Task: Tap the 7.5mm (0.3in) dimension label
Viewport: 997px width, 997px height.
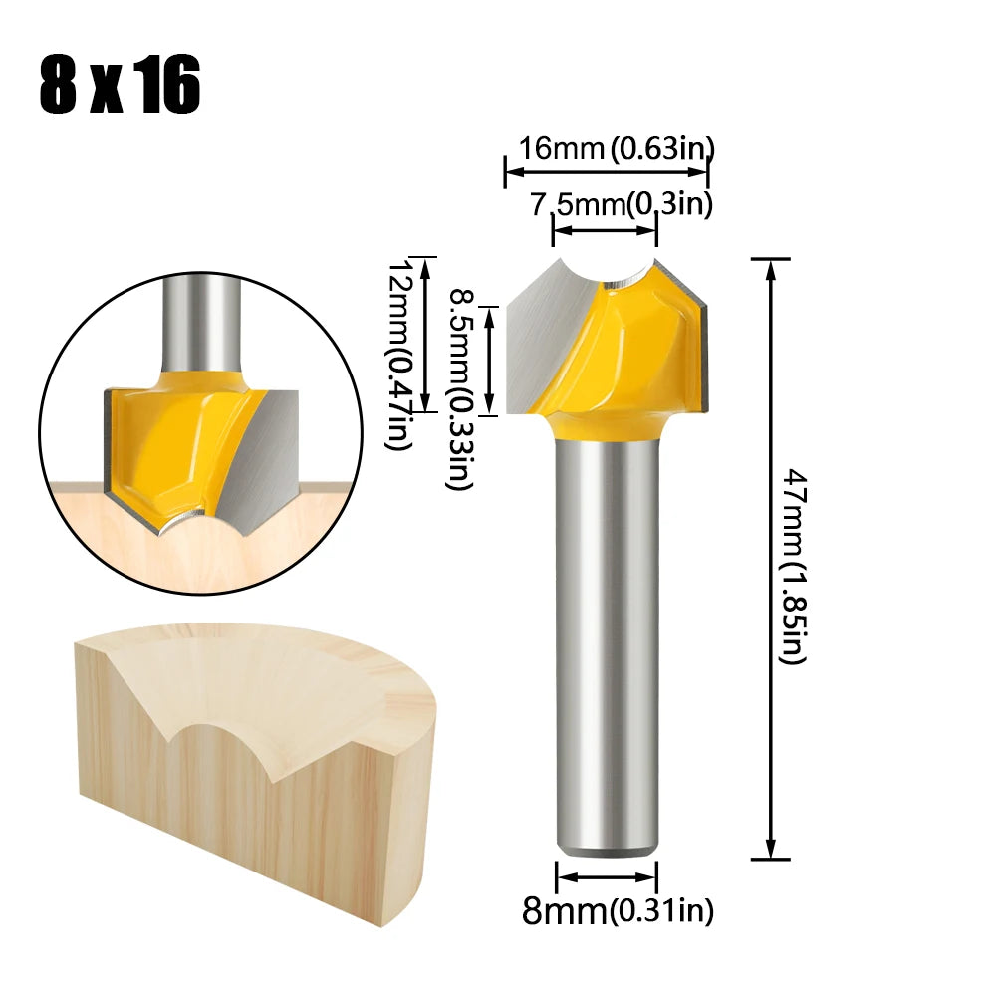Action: click(622, 204)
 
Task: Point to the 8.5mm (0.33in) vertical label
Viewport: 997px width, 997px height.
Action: click(459, 388)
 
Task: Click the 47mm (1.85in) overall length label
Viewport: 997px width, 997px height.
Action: click(792, 568)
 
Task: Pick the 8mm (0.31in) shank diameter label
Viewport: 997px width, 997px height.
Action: click(618, 911)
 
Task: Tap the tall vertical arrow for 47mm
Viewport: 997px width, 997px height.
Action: click(769, 558)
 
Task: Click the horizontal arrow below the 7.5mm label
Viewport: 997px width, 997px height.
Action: click(606, 230)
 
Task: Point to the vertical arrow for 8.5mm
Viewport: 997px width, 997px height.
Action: click(489, 361)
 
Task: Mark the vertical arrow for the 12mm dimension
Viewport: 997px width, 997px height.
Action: click(426, 334)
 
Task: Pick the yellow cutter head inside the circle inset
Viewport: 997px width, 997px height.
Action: click(169, 438)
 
